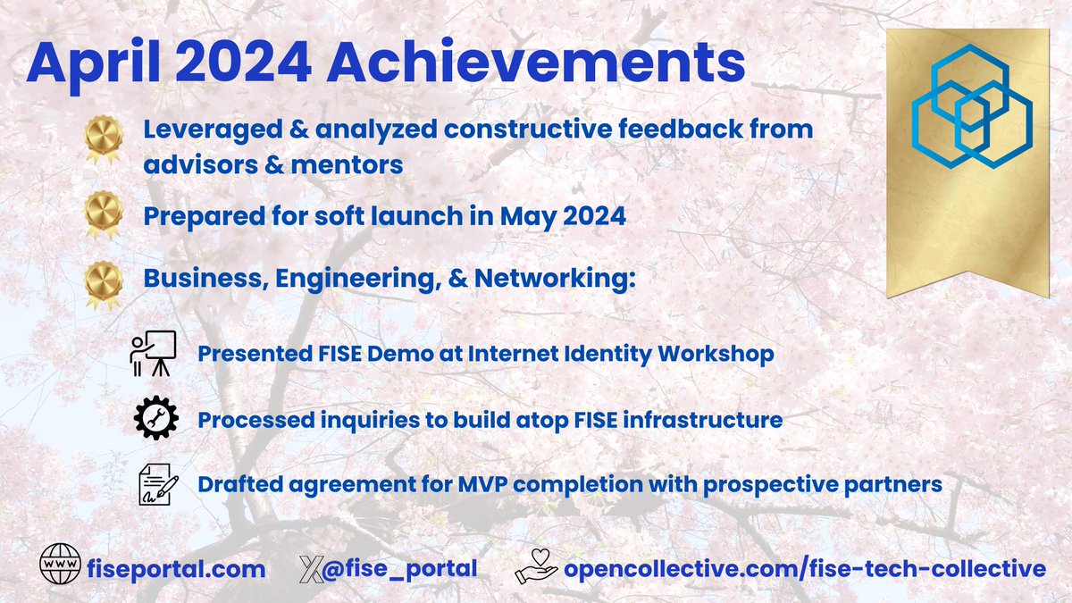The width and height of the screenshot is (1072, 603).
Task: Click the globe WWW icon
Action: [60, 567]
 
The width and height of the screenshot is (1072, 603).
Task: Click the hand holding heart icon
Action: [535, 567]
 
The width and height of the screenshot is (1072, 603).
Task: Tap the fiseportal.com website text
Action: [177, 568]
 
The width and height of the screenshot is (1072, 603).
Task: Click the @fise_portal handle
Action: [404, 568]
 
